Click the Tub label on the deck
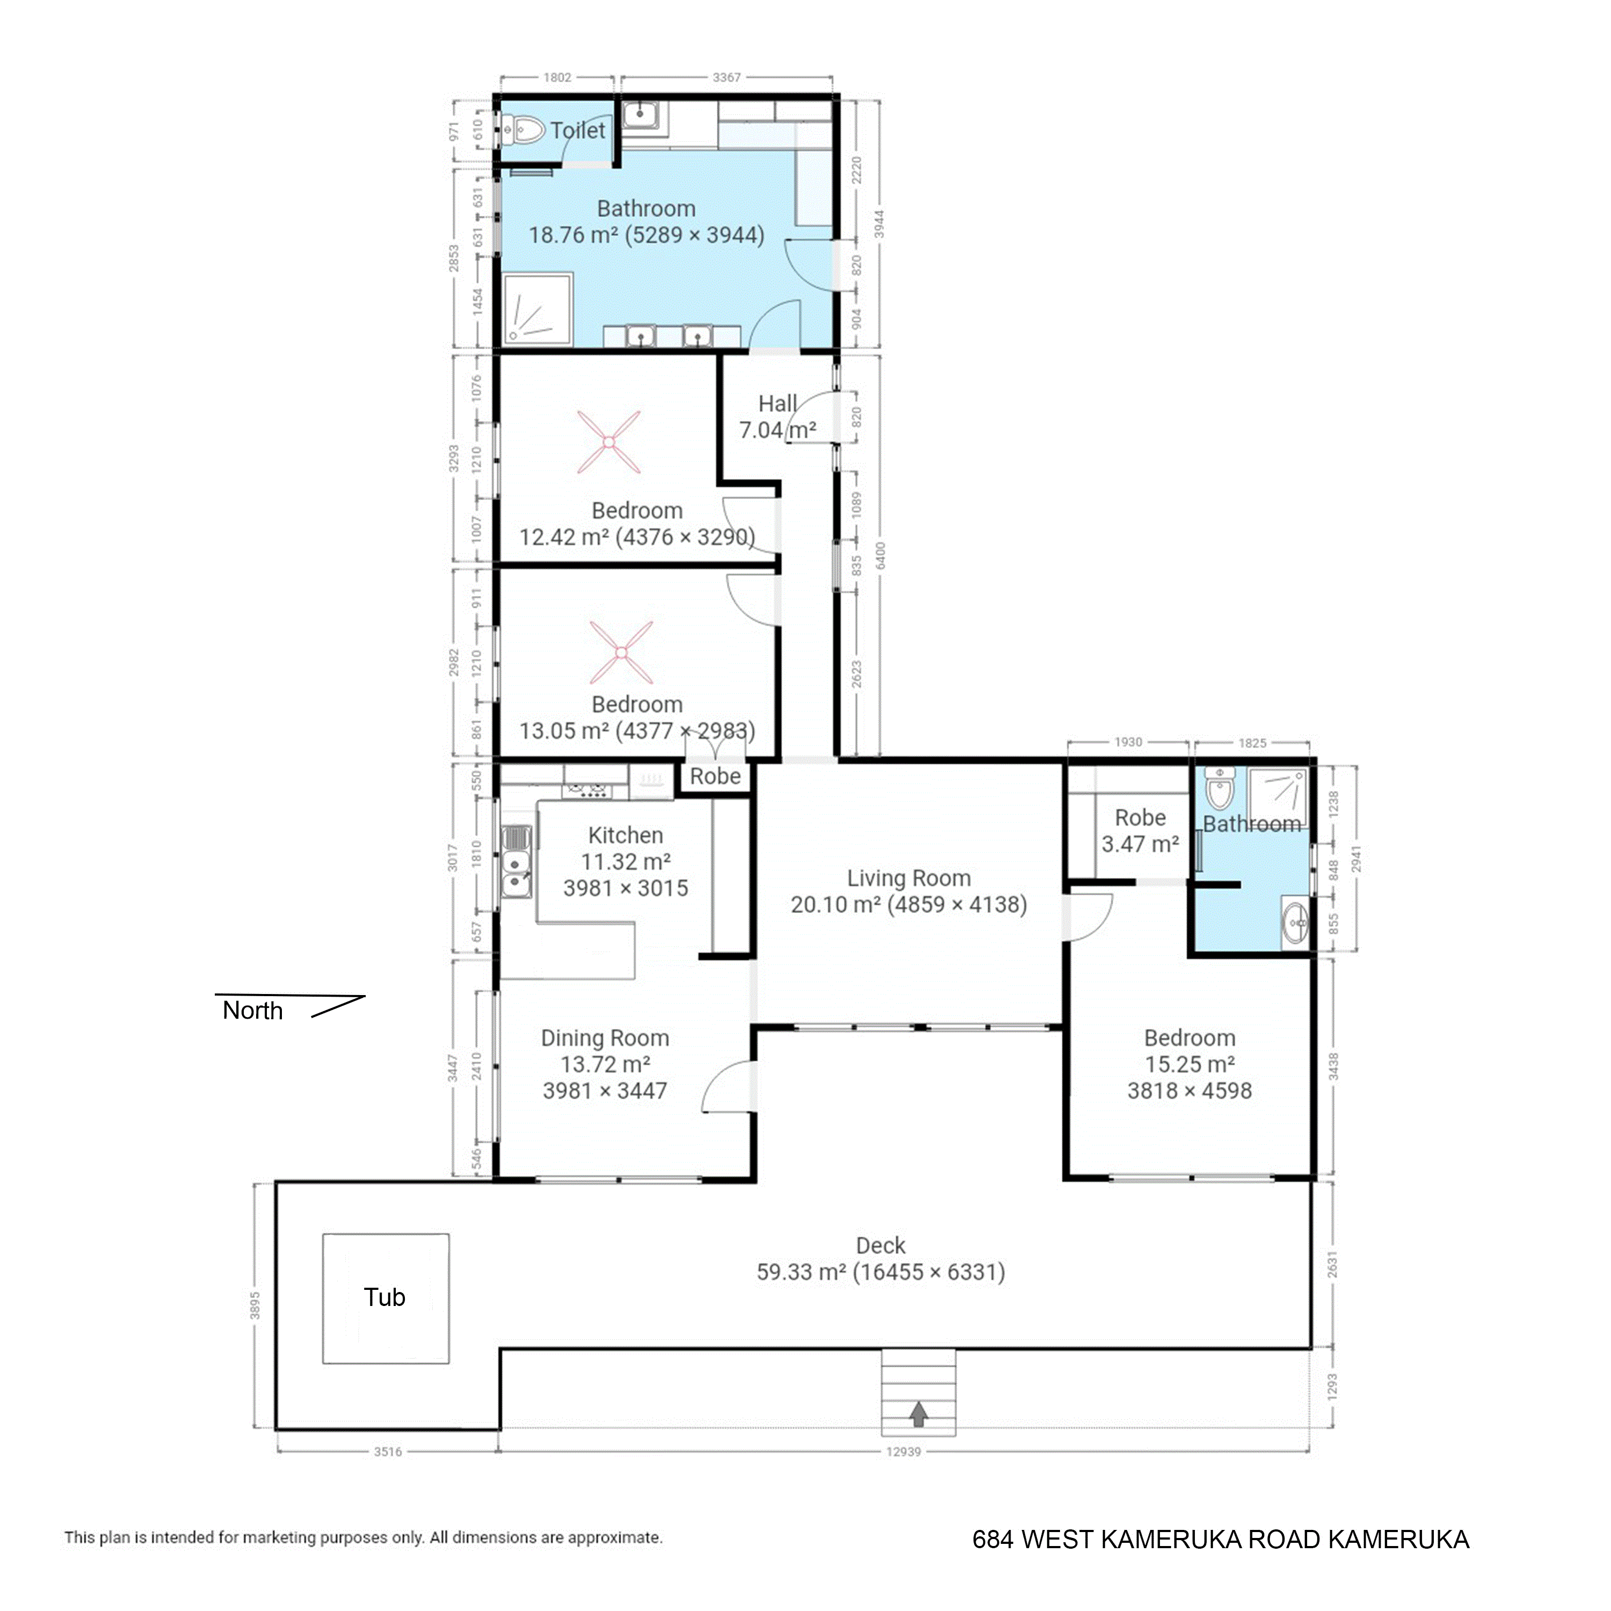(384, 1297)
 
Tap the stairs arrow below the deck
(918, 1413)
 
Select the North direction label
(252, 1011)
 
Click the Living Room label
(909, 878)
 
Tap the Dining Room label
(605, 1038)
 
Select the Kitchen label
(626, 836)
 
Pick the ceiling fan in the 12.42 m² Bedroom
(609, 442)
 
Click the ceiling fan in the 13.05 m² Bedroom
(621, 652)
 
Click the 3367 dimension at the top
(726, 77)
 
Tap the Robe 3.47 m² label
(1140, 831)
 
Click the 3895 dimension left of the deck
(255, 1306)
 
